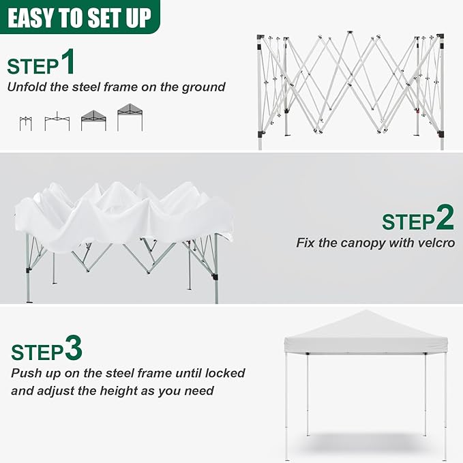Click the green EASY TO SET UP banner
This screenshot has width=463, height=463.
tap(80, 16)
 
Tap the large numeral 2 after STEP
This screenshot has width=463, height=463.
tap(445, 218)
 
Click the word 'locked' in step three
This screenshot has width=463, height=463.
tap(224, 373)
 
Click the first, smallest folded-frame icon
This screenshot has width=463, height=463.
tap(26, 123)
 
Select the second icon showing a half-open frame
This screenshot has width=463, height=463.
tap(57, 123)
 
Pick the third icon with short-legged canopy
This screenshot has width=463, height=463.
tap(93, 120)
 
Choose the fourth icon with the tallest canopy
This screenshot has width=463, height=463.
tap(130, 117)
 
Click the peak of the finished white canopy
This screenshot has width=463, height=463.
tap(366, 312)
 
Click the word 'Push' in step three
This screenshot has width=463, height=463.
tap(25, 373)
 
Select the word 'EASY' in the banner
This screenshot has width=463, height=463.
tap(33, 16)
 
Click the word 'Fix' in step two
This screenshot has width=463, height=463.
tap(306, 243)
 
